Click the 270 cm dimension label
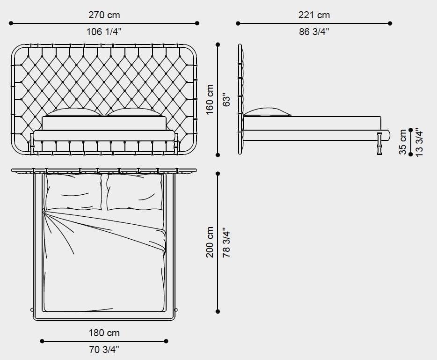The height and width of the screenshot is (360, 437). click(104, 15)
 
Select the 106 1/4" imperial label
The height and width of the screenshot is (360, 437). click(104, 32)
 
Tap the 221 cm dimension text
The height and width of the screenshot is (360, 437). click(314, 15)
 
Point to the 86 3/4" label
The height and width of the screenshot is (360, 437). click(314, 32)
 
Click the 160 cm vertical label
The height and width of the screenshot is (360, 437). click(210, 99)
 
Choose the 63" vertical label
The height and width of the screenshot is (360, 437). click(226, 99)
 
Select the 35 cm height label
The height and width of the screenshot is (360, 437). click(403, 142)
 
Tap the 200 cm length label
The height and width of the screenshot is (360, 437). click(210, 242)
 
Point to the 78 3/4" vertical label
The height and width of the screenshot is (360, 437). click(226, 242)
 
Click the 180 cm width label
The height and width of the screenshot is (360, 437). click(104, 333)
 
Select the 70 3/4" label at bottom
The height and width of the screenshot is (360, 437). click(104, 349)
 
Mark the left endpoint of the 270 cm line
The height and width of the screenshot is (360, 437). click(11, 23)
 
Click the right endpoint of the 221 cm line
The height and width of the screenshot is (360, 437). click(390, 23)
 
